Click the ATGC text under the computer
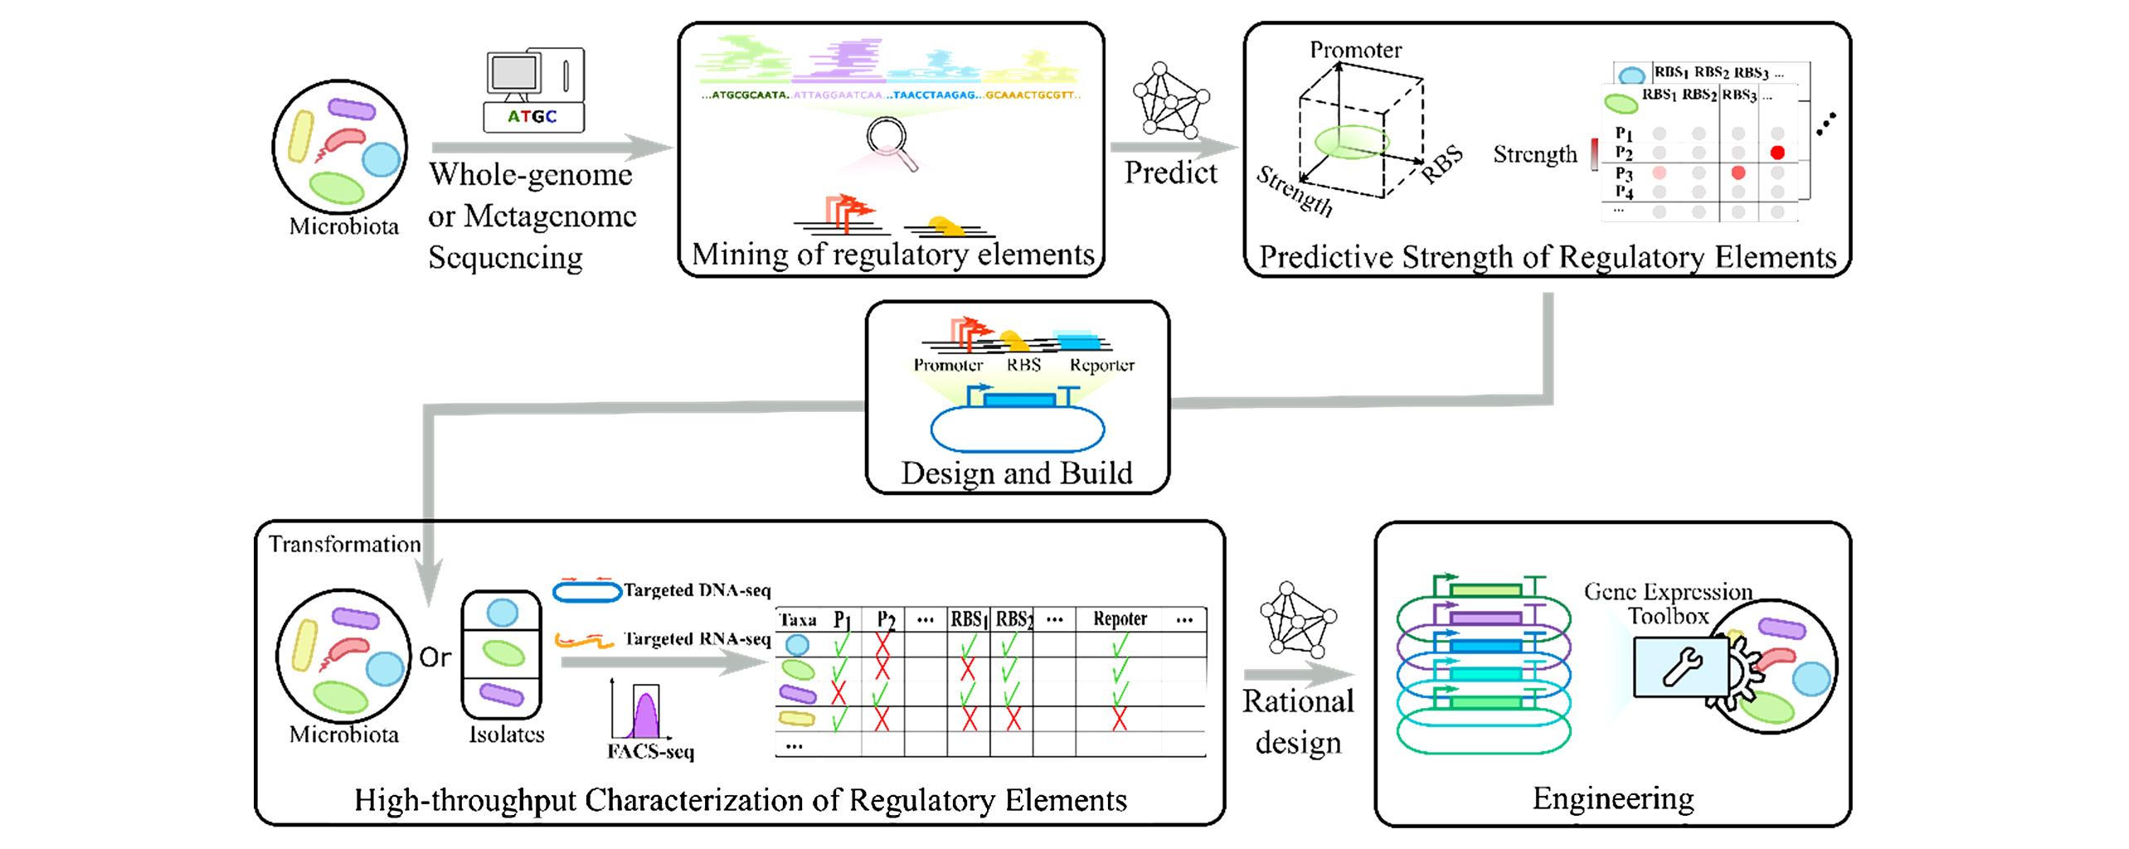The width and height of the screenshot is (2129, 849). click(x=532, y=117)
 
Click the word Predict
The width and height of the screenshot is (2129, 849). click(x=1170, y=172)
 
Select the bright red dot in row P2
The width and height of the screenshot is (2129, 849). click(x=1777, y=153)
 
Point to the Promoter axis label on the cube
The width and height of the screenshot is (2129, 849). click(x=1355, y=50)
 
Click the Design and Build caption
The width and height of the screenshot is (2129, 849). click(x=1017, y=473)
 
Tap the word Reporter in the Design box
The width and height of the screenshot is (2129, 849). click(x=1101, y=365)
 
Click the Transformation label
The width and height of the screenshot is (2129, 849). click(x=344, y=544)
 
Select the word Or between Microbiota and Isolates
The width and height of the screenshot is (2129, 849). click(x=435, y=657)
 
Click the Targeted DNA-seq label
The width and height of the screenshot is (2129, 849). click(x=697, y=590)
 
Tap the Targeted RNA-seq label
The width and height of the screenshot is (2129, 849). click(x=697, y=638)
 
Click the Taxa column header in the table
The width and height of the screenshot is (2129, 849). click(x=798, y=619)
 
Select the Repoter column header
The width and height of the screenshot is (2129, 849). click(x=1120, y=619)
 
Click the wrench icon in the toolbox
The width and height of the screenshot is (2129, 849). click(x=1682, y=666)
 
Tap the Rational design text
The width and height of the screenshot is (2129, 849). click(x=1298, y=721)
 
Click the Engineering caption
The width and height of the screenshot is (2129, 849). click(x=1612, y=798)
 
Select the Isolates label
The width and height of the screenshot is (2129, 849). click(x=506, y=735)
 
